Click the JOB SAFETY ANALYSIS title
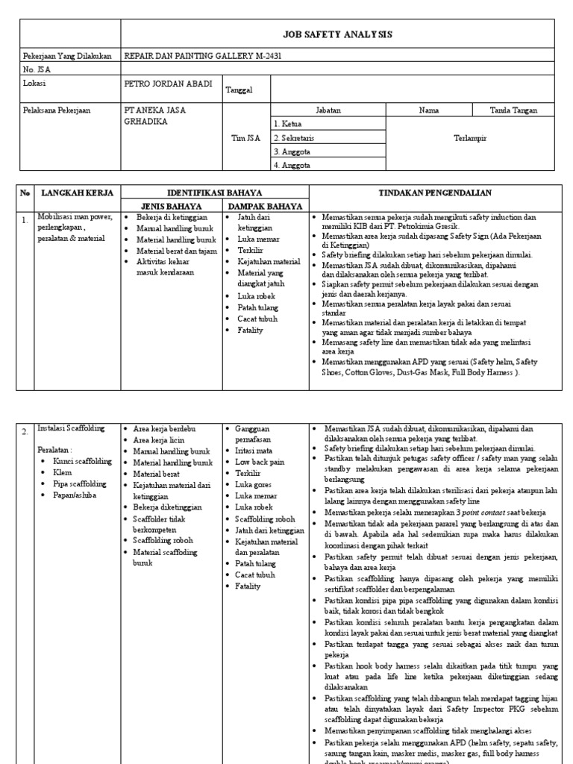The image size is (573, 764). [x=338, y=34]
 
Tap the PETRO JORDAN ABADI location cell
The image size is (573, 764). [x=168, y=84]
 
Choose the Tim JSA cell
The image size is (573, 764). [x=245, y=137]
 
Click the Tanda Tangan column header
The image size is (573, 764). [x=513, y=110]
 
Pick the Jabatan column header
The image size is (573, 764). [x=328, y=110]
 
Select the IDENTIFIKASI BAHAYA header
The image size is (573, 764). [x=215, y=192]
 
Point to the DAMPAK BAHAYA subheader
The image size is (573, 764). [x=265, y=206]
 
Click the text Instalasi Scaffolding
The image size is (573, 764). [x=71, y=428]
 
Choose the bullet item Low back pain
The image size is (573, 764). [x=260, y=462]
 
